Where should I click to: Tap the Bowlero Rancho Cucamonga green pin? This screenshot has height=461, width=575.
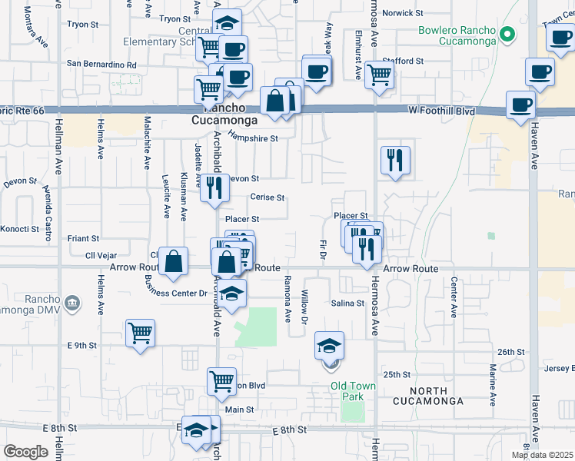coord(507,34)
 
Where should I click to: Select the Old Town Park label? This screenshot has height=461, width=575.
coord(351,386)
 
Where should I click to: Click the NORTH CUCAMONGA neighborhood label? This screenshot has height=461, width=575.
coord(428,401)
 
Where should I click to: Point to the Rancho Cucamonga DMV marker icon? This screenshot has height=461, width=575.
coord(71,303)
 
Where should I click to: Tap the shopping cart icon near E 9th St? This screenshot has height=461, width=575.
coord(140,333)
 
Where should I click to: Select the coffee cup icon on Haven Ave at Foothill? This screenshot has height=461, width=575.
coord(521,104)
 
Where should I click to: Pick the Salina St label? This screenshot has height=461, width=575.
coord(348,303)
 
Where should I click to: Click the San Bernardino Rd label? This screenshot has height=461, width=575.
coord(101,64)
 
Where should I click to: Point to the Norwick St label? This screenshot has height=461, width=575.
coord(403,13)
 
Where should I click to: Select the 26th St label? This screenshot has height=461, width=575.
coord(510,352)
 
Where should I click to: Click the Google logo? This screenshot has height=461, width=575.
coord(25,451)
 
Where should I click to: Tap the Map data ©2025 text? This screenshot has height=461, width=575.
coord(541,455)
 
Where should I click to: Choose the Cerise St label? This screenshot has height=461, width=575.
coord(268,197)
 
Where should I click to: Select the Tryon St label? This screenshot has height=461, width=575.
coord(175,18)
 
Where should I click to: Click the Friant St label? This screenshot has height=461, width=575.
coord(83,239)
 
